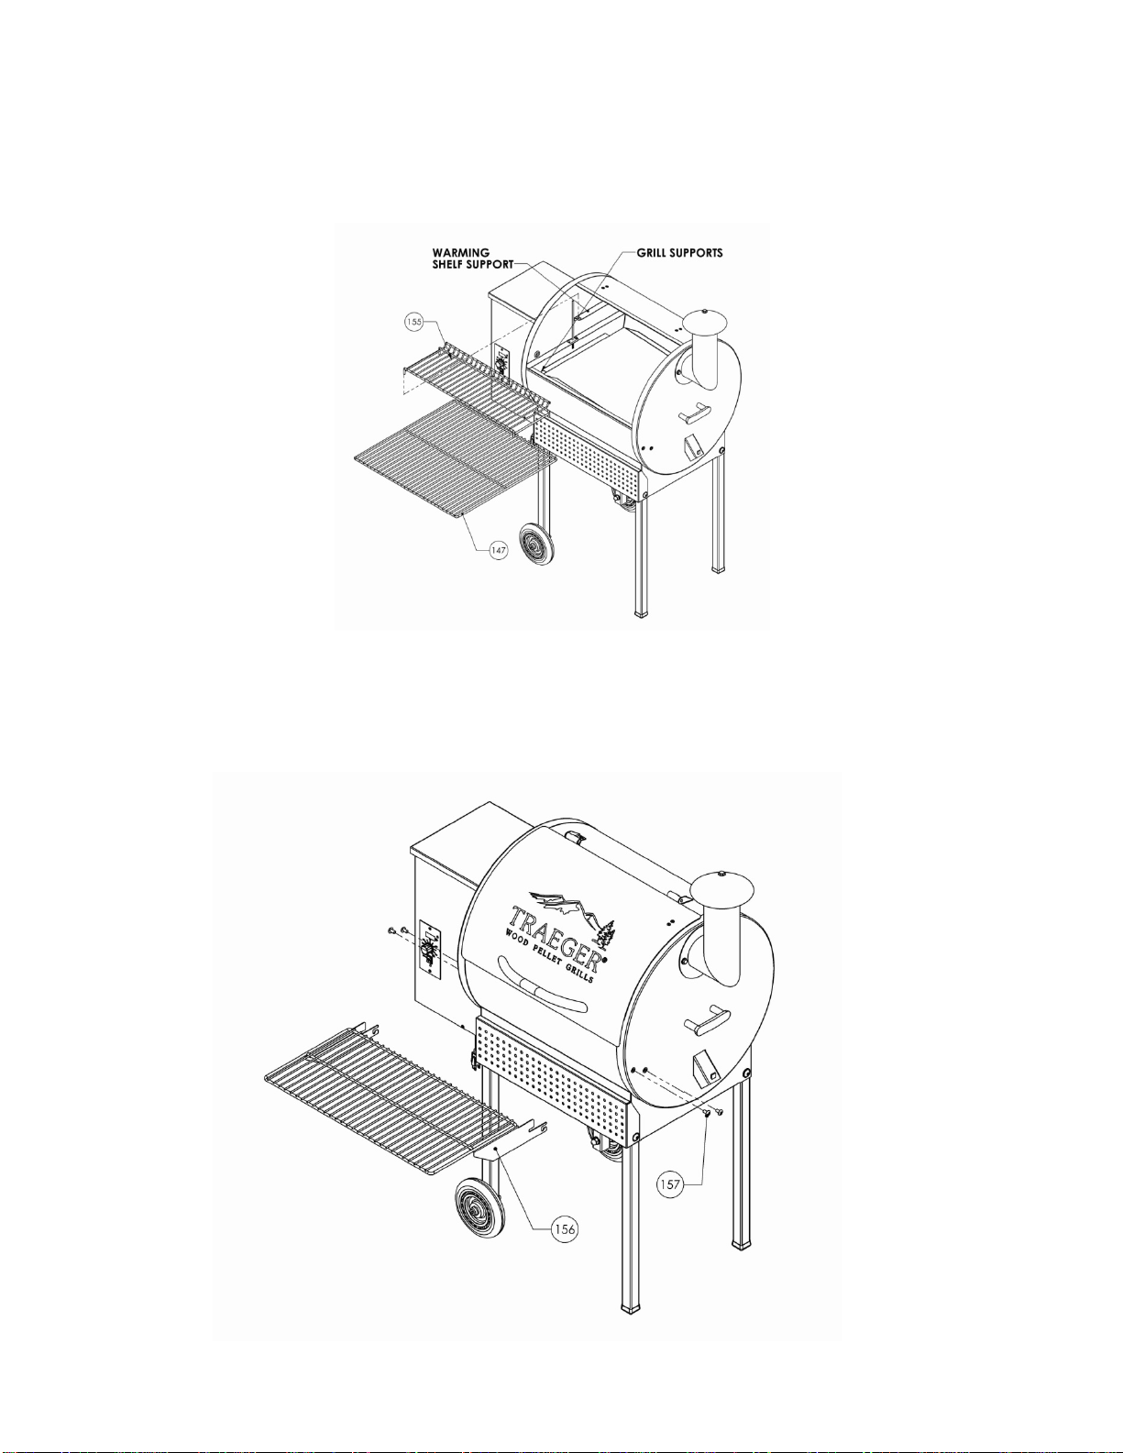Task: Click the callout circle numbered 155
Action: [414, 323]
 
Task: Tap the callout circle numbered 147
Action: [498, 550]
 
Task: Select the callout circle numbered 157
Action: [670, 1184]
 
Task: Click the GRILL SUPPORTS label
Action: [679, 253]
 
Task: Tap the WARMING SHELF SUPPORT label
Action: [473, 259]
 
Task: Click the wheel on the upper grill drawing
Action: [534, 545]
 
